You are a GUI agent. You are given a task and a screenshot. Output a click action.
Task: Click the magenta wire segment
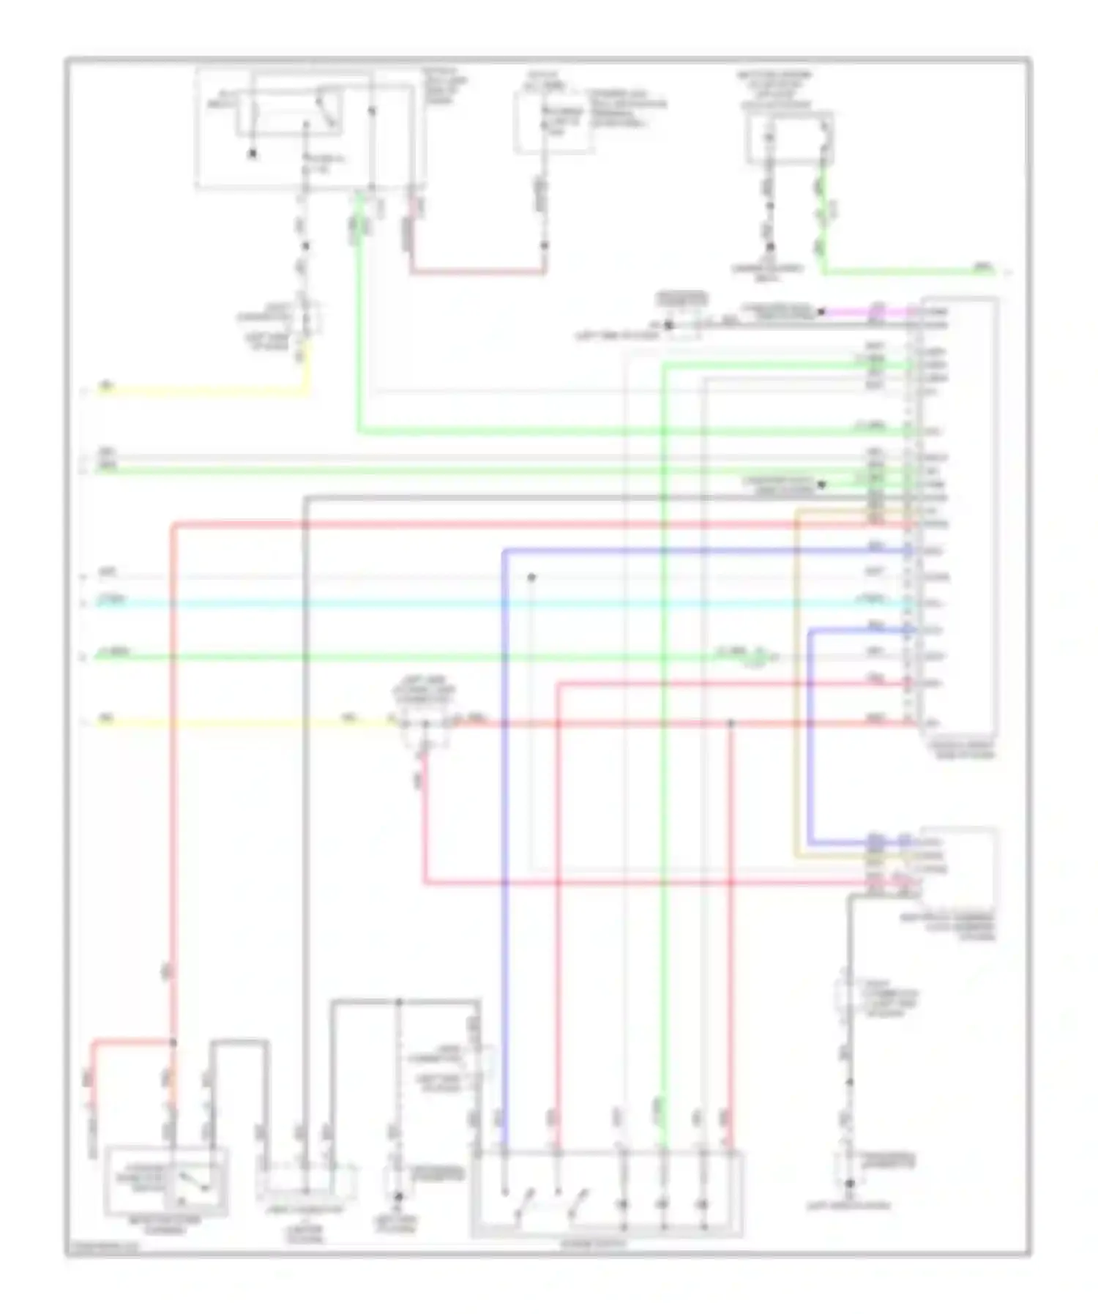[864, 311]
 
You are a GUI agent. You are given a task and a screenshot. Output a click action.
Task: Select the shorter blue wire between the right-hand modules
[810, 732]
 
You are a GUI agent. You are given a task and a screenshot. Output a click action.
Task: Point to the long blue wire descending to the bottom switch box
[504, 842]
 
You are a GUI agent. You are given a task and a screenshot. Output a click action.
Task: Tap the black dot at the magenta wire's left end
[821, 311]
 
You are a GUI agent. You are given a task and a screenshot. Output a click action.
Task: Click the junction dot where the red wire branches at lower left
[173, 1042]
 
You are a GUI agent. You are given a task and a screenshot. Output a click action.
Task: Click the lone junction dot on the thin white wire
[531, 578]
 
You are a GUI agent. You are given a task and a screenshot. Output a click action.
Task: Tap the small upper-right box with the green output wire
[789, 137]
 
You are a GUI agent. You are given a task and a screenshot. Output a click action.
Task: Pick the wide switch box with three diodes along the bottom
[608, 1193]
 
